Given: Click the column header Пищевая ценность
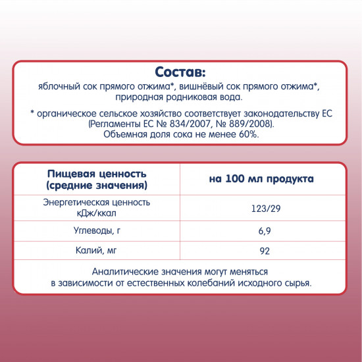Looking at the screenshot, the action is (95, 173).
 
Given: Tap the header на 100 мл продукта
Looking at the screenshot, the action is (252, 178).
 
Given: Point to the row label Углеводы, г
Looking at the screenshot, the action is (97, 231).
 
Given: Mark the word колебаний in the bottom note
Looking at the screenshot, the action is (228, 283).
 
